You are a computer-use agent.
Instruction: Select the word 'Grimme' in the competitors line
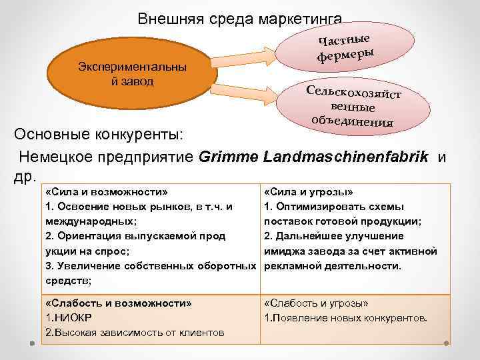click(x=229, y=158)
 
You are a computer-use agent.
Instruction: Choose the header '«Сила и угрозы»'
click(x=309, y=191)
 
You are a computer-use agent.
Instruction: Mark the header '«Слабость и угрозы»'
click(x=316, y=303)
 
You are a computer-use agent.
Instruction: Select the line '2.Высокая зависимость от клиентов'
click(x=134, y=332)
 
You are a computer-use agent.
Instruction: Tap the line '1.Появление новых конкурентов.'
click(x=346, y=317)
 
